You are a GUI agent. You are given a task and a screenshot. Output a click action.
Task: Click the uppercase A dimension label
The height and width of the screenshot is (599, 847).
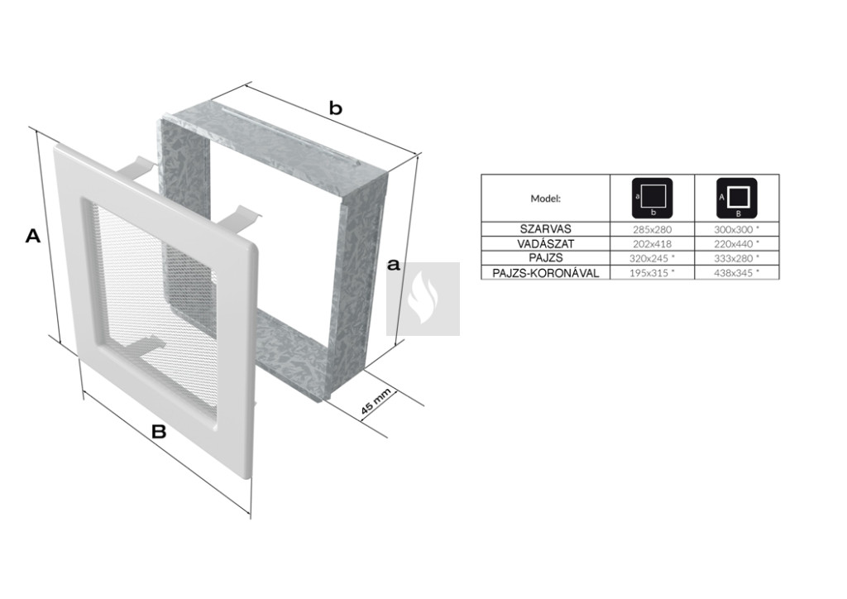pos(33,236)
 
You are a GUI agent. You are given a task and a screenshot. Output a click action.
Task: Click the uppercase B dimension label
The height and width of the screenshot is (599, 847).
pos(158,432)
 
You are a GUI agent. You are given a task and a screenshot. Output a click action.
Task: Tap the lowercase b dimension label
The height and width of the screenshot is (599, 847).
pos(336,108)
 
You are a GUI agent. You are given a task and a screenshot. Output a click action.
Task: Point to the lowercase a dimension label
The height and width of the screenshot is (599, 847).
pos(394,265)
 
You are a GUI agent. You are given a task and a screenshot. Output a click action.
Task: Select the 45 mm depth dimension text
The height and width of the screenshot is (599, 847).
pos(376,403)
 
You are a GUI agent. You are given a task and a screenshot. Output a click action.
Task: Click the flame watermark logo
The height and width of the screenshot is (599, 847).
pos(423,299)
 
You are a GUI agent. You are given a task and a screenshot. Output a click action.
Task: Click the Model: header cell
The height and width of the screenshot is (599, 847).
pos(546,199)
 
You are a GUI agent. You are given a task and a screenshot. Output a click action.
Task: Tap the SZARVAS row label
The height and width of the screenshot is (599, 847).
pos(546,229)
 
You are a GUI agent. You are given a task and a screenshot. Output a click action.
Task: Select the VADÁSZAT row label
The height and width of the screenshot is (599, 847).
pos(546,244)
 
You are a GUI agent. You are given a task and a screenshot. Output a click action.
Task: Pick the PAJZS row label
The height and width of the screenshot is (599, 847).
pos(546,259)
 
